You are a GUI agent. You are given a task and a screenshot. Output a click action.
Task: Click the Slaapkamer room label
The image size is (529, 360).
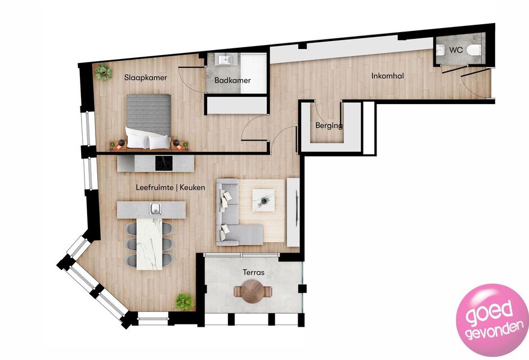coord(146,78)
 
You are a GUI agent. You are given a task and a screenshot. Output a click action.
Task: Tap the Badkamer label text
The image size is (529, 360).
coord(232,80)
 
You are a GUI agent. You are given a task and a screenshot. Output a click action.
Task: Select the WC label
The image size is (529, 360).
coord(456,50)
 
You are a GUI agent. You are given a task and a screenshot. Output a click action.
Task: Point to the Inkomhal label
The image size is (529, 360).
coord(388,76)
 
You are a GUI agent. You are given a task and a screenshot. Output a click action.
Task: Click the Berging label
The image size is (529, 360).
coord(329,126)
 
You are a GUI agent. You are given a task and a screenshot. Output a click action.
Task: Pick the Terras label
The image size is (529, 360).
coord(253,272)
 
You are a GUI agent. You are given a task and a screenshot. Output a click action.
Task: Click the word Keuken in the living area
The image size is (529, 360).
coord(192,187)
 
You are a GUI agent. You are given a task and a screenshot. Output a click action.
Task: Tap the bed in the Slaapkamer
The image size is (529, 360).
coord(149,121)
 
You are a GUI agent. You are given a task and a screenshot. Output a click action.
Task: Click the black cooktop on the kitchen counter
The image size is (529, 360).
coord(164,163)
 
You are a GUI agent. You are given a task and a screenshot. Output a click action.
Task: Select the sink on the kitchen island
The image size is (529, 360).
coord(155,209)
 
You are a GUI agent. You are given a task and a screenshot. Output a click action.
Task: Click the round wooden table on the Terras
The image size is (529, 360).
coord(253,291)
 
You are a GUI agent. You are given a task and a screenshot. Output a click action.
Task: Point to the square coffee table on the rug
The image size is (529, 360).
coord(263,200)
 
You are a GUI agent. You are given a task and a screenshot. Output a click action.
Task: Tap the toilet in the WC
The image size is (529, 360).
coord(474,50)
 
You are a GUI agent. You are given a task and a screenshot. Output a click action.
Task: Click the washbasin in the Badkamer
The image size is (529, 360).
coord(224,60)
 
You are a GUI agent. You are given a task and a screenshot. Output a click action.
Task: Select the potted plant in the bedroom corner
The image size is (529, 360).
coord(103,72)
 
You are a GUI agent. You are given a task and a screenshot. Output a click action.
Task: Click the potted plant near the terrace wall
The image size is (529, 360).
coord(185,301)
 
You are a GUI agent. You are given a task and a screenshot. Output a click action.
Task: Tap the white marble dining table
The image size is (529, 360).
coord(149,244)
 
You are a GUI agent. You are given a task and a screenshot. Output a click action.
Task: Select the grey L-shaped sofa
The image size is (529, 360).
coord(233,216)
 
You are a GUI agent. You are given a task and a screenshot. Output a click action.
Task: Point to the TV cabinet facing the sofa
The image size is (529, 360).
coord(293,212)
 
